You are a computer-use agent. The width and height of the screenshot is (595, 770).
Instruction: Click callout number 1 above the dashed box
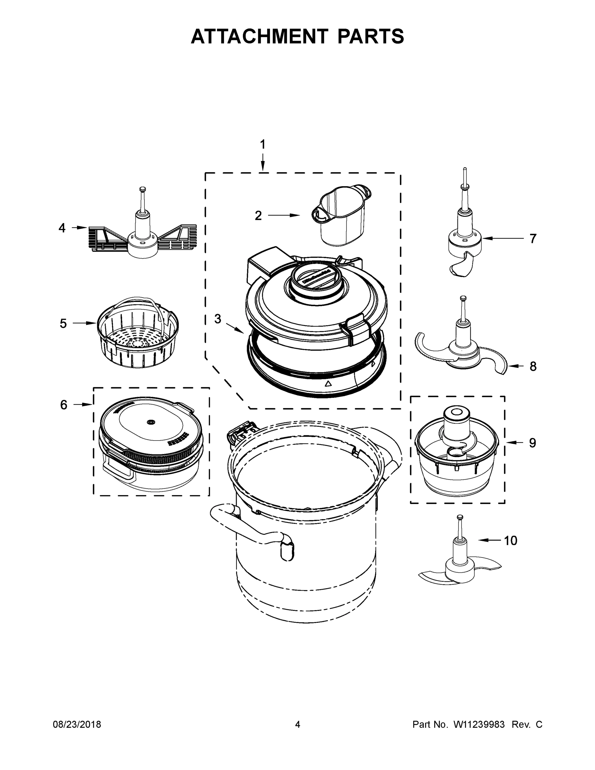[x=262, y=145]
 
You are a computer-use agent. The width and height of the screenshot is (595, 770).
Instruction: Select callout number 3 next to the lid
[x=218, y=319]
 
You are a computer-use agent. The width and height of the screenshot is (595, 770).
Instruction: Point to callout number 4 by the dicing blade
[x=62, y=228]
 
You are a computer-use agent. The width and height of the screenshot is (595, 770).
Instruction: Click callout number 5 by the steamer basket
[x=63, y=323]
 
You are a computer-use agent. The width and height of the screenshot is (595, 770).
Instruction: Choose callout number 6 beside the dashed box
[x=64, y=405]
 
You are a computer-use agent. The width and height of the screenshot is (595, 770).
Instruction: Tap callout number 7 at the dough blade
[x=532, y=239]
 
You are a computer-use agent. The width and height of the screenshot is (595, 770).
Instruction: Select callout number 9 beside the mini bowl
[x=532, y=443]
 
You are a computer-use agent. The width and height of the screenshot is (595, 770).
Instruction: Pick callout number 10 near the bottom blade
[x=510, y=541]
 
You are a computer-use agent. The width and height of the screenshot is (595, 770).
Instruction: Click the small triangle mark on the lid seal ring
[x=328, y=384]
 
